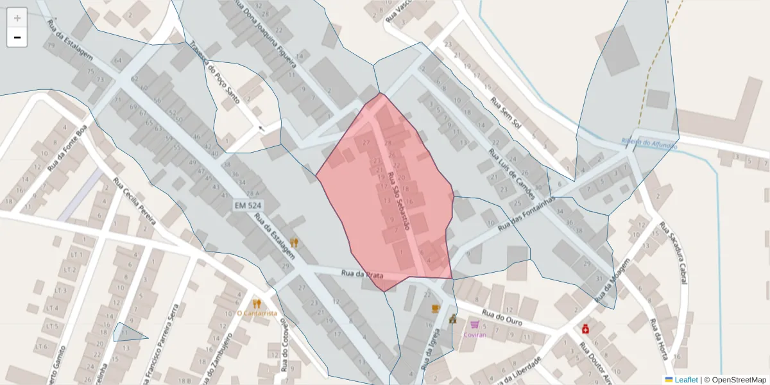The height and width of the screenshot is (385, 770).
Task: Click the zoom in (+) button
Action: click(x=17, y=18)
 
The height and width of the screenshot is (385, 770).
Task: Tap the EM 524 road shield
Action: click(x=247, y=205)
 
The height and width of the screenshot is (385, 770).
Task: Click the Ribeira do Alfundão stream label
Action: click(x=649, y=144)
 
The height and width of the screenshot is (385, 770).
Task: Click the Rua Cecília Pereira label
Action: click(x=134, y=201)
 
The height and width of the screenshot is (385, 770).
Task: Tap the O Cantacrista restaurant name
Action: click(x=257, y=313)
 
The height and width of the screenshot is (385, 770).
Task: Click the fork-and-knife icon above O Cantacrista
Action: click(x=257, y=304)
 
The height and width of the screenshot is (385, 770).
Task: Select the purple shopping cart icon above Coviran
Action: click(x=474, y=325)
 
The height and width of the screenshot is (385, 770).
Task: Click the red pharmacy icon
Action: click(x=585, y=329)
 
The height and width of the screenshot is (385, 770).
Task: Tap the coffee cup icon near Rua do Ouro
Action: click(x=436, y=309)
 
